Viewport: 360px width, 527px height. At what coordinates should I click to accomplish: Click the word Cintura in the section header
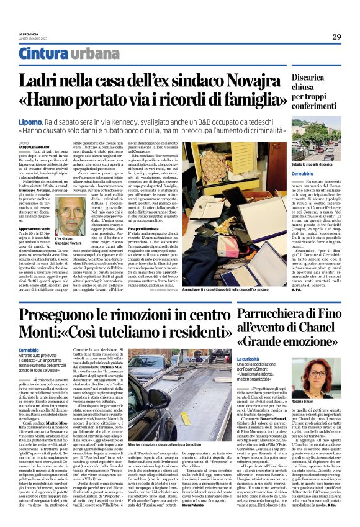55,54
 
